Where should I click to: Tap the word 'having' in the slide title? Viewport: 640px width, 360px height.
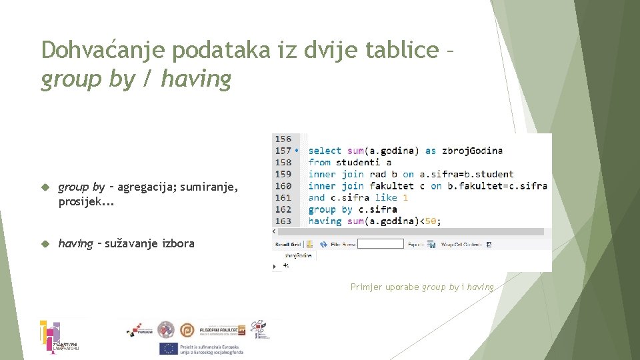tap(196, 79)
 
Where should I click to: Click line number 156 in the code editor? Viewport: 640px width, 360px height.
tap(283, 139)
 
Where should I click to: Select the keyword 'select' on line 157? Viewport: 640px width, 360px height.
tap(325, 151)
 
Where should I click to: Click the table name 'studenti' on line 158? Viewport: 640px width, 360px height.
tap(358, 162)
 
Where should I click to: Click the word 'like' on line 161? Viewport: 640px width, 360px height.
tap(386, 197)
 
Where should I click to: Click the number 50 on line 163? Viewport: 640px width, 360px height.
tap(431, 221)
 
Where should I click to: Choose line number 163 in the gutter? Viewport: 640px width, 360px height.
tap(283, 221)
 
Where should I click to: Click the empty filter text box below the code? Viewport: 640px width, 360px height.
tap(380, 244)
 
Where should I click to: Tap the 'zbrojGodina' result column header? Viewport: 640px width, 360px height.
tap(299, 255)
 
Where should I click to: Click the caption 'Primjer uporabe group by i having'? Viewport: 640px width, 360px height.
tap(423, 287)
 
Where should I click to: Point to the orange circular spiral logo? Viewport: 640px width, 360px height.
tap(189, 329)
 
